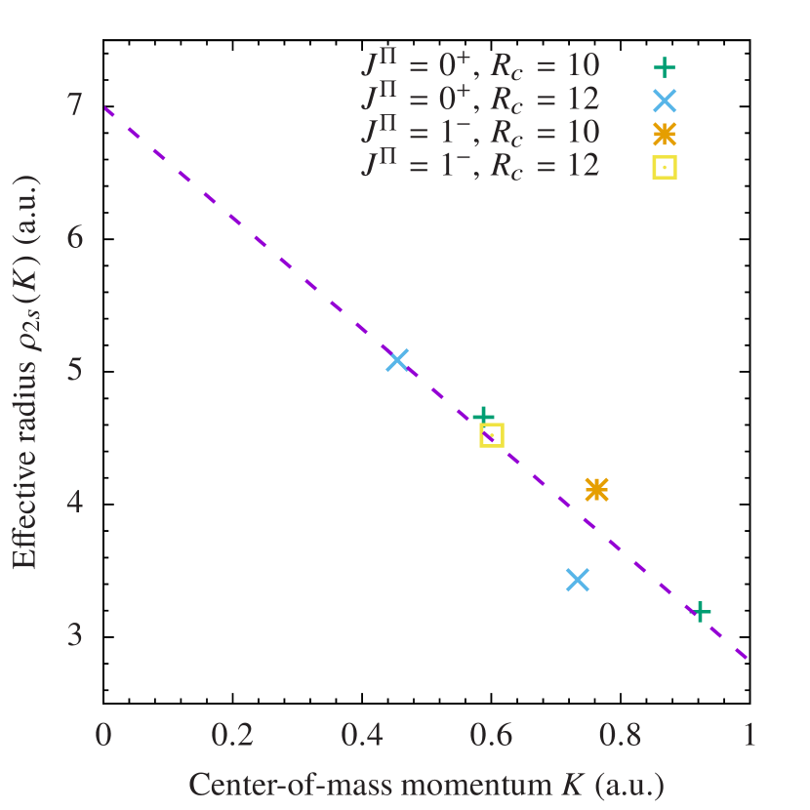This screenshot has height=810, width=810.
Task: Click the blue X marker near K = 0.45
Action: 396,360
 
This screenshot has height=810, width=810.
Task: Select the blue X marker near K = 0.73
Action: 578,580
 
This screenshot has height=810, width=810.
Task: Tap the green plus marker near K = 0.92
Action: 700,612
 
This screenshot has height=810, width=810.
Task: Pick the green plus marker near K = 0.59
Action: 483,417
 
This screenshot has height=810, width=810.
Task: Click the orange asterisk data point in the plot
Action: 596,489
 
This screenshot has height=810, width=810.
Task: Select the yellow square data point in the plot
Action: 492,435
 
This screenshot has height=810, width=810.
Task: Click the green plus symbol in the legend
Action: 665,67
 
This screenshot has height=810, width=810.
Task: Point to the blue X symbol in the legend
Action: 665,101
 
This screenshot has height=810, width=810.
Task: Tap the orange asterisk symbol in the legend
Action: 665,134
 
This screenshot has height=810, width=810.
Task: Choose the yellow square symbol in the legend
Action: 665,167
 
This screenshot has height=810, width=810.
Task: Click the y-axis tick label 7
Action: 75,105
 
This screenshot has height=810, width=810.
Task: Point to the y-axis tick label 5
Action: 75,370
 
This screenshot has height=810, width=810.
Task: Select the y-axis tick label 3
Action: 75,634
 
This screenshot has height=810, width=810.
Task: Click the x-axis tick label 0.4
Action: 362,736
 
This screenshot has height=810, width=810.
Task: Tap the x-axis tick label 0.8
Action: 621,736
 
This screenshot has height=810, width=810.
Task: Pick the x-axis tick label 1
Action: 749,736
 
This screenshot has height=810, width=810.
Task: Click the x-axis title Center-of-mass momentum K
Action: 425,785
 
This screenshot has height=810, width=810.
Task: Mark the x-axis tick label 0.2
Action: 232,736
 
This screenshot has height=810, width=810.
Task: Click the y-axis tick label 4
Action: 75,503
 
